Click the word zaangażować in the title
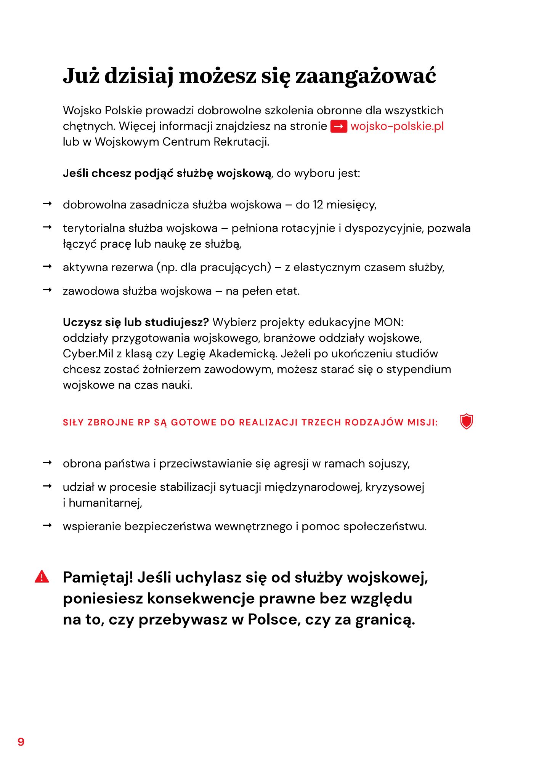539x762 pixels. [x=366, y=76]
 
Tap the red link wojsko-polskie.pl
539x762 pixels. [x=397, y=126]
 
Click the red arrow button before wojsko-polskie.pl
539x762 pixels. [x=338, y=126]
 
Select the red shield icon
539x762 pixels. [x=466, y=422]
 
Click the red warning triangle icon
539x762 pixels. [x=42, y=577]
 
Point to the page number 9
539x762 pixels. [x=21, y=741]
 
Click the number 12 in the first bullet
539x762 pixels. [x=318, y=205]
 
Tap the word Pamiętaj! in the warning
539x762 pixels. [x=98, y=578]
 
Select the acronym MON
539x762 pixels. [x=388, y=322]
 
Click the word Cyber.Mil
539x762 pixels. [x=88, y=354]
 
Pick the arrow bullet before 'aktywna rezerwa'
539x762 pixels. [x=47, y=267]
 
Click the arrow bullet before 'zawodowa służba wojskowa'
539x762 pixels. [x=47, y=290]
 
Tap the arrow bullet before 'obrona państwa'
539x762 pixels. [x=47, y=463]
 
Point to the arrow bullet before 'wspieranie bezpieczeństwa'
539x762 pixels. [x=47, y=526]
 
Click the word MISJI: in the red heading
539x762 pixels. [x=423, y=423]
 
